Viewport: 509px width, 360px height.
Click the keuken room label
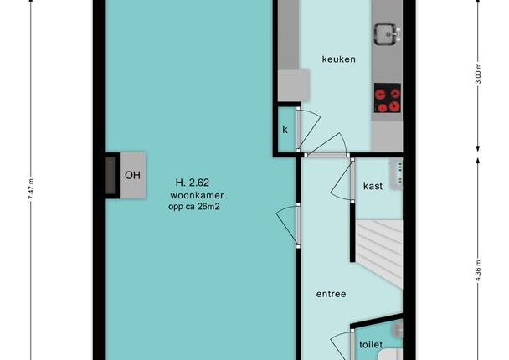coord(338,59)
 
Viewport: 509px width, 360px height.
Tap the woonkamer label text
coord(197,195)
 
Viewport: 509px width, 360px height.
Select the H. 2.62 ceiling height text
coord(193,183)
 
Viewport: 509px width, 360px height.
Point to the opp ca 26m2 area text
coord(194,207)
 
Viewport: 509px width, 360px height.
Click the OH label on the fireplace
coord(132,175)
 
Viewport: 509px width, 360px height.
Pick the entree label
coord(332,294)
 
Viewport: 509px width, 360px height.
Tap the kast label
coord(373,186)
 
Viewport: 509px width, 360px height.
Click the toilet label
coord(371,344)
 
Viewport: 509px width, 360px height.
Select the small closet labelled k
coord(285,130)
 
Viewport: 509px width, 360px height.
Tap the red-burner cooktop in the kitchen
coord(388,98)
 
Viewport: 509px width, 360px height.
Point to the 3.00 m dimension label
coord(478,74)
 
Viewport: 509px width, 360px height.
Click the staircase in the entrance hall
coord(379,253)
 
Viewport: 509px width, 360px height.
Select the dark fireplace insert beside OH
coord(111,176)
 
